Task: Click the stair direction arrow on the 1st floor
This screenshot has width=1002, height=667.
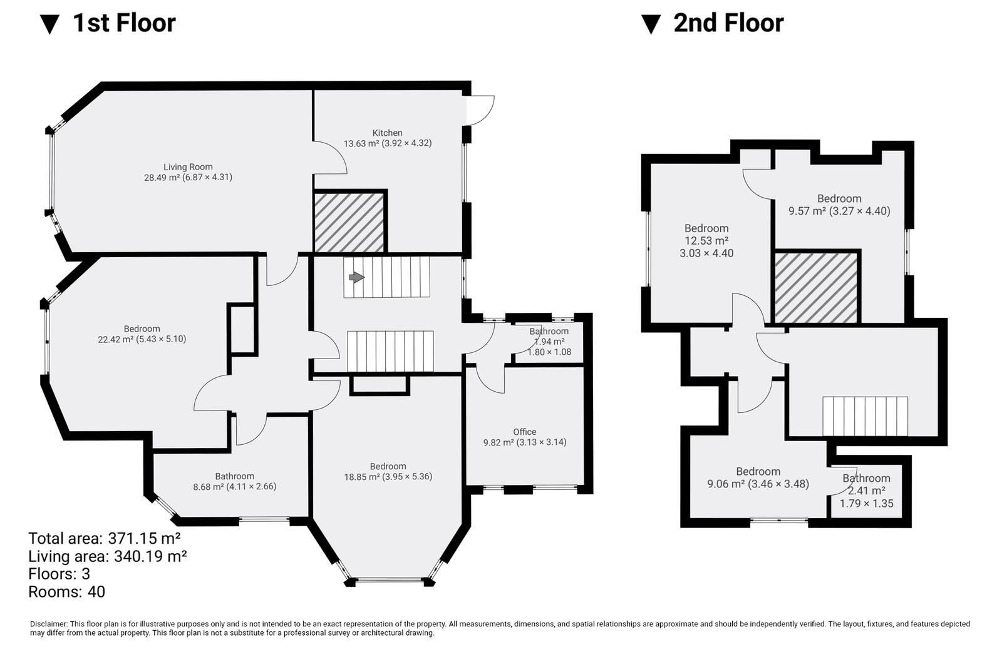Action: (x=356, y=278)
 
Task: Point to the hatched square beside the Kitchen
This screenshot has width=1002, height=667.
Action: (x=349, y=222)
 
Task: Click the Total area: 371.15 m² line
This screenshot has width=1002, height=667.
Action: (x=105, y=539)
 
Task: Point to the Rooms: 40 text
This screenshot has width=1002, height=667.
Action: (x=66, y=592)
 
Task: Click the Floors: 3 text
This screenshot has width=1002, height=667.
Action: (x=59, y=574)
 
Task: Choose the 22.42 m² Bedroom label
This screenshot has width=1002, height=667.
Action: (x=142, y=334)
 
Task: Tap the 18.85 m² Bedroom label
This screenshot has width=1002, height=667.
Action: (x=388, y=472)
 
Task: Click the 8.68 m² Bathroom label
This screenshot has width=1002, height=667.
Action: (x=234, y=481)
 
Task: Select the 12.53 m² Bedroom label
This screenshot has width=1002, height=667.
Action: (x=706, y=240)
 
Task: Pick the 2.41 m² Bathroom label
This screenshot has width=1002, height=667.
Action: (x=867, y=491)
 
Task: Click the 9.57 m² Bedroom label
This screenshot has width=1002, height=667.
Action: (x=839, y=205)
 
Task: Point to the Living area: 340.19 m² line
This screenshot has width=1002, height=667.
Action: (x=107, y=557)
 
